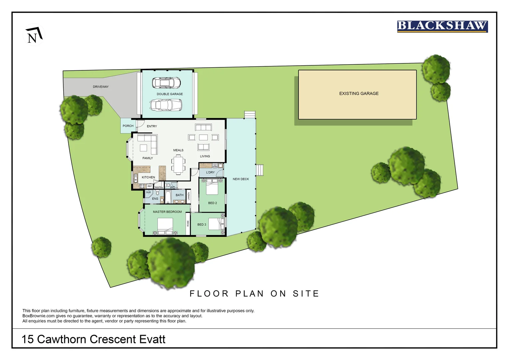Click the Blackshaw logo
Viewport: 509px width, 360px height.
442,26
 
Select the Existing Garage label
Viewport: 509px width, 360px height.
359,94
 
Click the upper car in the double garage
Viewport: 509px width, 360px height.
166,82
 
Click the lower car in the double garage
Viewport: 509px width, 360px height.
166,105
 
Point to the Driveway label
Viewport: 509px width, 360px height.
101,87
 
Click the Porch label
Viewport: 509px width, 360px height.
128,126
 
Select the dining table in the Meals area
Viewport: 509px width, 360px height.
179,164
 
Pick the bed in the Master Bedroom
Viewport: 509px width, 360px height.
165,226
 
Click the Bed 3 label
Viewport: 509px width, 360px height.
202,225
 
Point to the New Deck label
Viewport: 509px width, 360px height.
241,179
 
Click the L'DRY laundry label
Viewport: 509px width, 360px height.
210,173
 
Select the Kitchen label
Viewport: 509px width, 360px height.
148,177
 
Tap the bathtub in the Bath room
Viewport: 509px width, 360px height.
168,197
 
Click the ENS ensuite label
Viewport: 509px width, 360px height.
155,199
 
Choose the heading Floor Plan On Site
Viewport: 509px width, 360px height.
254,294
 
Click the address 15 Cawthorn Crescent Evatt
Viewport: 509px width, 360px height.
93,339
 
